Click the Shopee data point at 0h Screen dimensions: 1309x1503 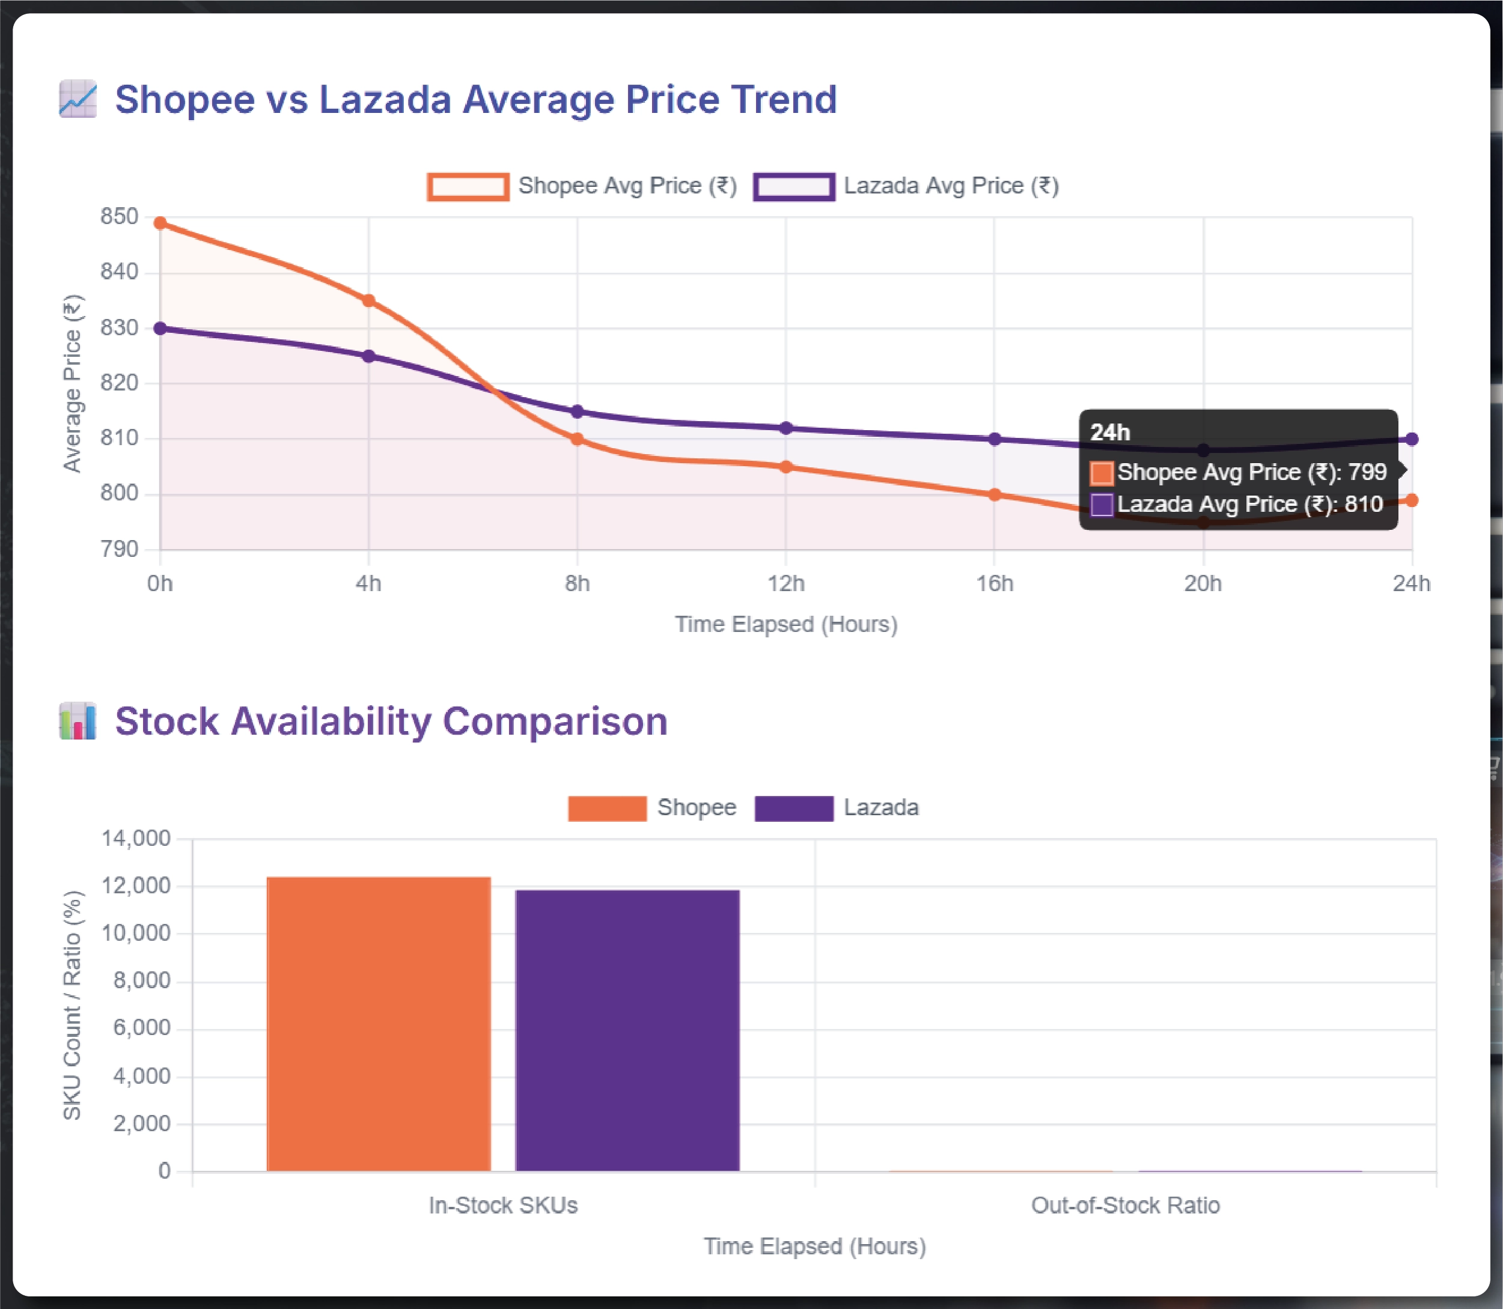[x=160, y=223]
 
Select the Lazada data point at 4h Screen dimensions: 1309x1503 [x=369, y=356]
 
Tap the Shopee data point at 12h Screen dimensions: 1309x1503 [x=786, y=467]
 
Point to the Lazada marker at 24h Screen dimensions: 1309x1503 [x=1412, y=439]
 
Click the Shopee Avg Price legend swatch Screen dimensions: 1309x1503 [x=468, y=186]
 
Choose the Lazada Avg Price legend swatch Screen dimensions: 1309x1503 [x=794, y=186]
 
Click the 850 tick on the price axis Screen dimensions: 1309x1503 [x=119, y=216]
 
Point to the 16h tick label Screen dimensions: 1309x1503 [x=995, y=584]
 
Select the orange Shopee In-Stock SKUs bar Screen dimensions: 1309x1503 [x=379, y=1024]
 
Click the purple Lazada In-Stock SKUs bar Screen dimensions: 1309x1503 [x=627, y=1030]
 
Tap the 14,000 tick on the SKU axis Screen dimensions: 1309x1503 [x=136, y=838]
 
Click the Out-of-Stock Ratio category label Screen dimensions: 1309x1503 [x=1125, y=1205]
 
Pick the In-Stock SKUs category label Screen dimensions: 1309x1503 [x=503, y=1205]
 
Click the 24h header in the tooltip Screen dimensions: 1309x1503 [x=1110, y=433]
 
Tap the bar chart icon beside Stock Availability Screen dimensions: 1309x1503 [x=78, y=721]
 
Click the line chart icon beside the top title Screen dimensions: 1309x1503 [x=78, y=99]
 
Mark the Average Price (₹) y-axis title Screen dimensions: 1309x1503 [x=72, y=383]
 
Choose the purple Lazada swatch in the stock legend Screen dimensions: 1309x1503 [x=794, y=808]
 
